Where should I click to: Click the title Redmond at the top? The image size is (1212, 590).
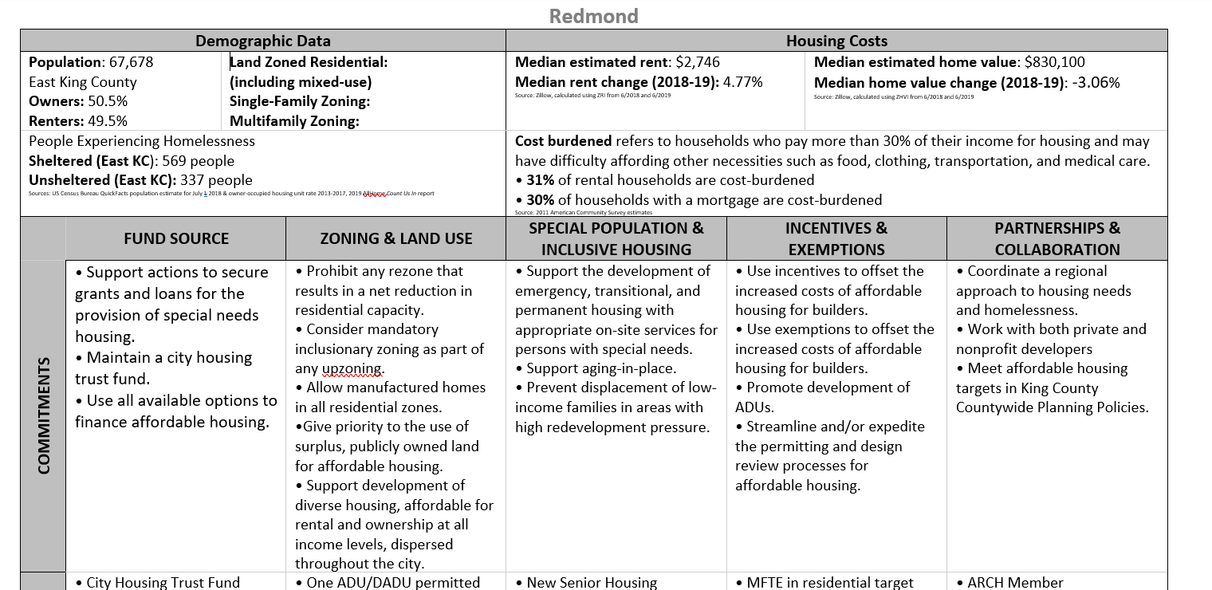(593, 16)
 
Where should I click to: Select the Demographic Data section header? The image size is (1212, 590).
(262, 41)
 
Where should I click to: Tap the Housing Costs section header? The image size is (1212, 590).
(836, 41)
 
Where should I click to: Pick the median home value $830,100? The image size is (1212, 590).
(1054, 62)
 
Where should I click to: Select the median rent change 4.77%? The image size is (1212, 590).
(742, 82)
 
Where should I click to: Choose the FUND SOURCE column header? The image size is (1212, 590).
(175, 238)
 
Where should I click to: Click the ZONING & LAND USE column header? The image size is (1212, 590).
(395, 238)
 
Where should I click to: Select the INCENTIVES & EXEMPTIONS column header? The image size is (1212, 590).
(836, 238)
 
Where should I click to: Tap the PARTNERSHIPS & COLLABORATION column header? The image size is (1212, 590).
(1057, 238)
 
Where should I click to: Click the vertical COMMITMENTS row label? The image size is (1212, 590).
(44, 415)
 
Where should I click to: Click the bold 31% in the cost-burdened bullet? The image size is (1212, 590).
(540, 180)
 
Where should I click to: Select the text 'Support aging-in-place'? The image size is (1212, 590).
(601, 368)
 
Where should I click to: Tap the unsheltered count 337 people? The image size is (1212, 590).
(216, 180)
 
